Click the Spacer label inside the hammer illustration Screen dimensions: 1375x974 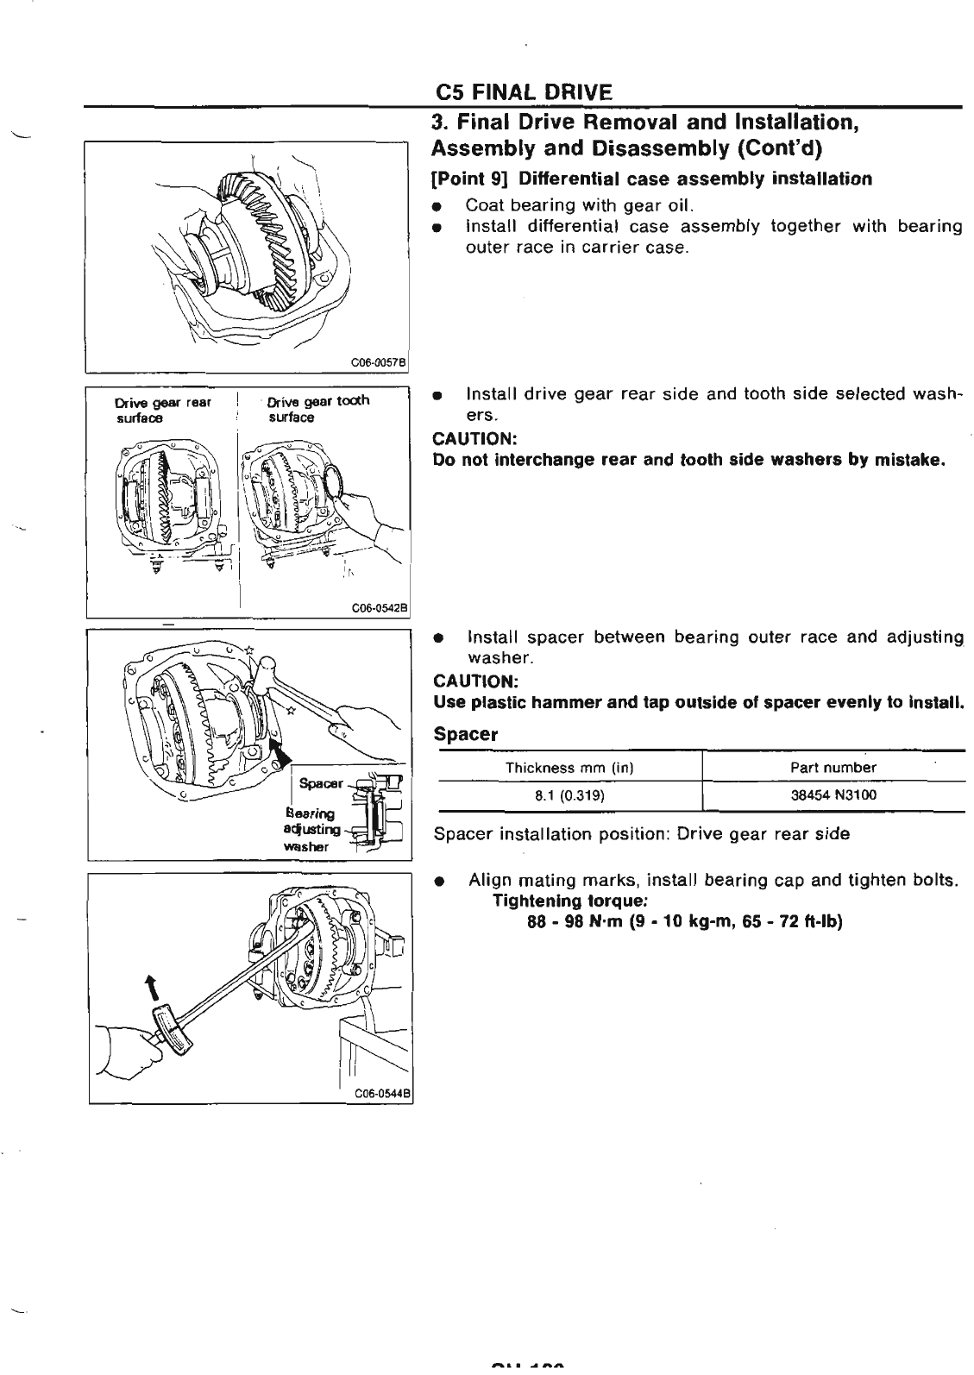click(x=321, y=783)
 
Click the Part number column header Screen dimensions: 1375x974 click(x=833, y=768)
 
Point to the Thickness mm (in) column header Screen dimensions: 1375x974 click(x=569, y=768)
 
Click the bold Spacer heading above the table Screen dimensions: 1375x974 click(x=467, y=735)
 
